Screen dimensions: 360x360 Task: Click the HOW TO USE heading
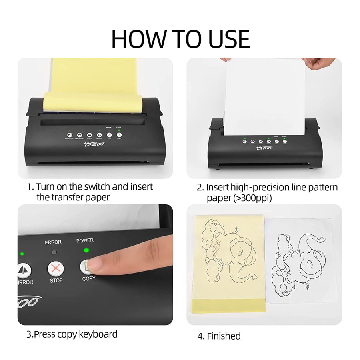(180, 39)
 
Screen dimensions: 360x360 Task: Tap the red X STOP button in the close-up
(56, 268)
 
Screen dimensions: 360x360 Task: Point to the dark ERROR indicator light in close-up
(54, 252)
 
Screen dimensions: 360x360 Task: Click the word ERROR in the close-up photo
(53, 242)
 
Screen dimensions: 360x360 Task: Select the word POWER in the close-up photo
(85, 240)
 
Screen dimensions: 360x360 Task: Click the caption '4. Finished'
(219, 336)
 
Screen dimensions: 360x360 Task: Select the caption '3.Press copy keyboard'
(72, 334)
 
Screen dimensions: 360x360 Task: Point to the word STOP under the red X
(56, 280)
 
